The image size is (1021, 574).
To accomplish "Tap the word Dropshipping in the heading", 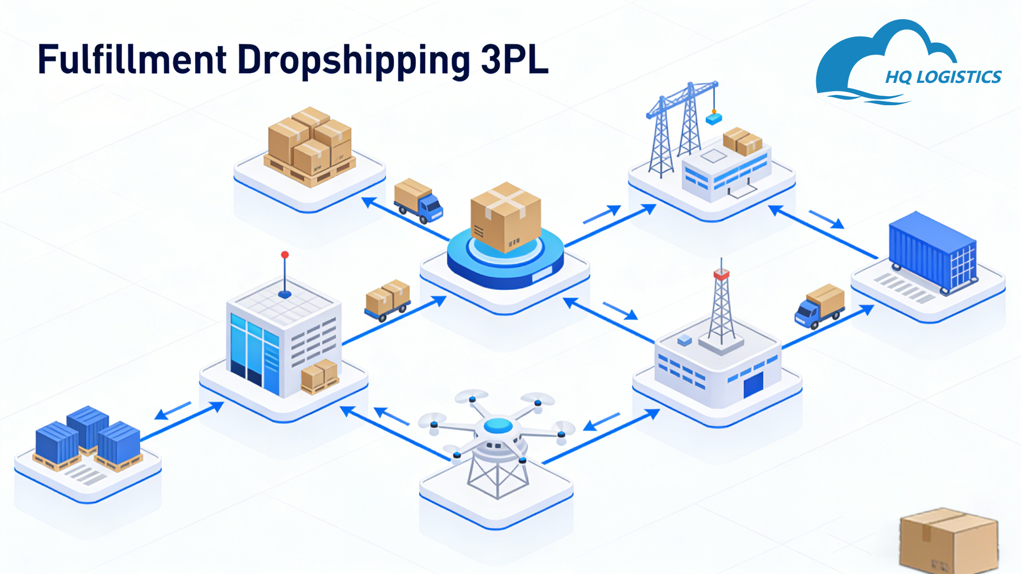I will point(354,61).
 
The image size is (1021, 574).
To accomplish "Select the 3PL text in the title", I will point(514,60).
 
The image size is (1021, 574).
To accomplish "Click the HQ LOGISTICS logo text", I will point(943,78).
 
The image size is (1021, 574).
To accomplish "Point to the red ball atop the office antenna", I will point(285,255).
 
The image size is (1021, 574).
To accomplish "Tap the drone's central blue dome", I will point(498,425).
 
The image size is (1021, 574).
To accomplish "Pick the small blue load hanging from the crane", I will point(714,119).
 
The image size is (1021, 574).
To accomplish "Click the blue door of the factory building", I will point(753,384).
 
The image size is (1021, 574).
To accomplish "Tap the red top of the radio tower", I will point(721,274).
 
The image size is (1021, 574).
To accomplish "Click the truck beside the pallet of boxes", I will point(418,201).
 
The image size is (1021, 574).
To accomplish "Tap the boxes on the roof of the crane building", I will point(742,141).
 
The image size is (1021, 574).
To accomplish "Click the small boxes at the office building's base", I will point(320,376).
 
